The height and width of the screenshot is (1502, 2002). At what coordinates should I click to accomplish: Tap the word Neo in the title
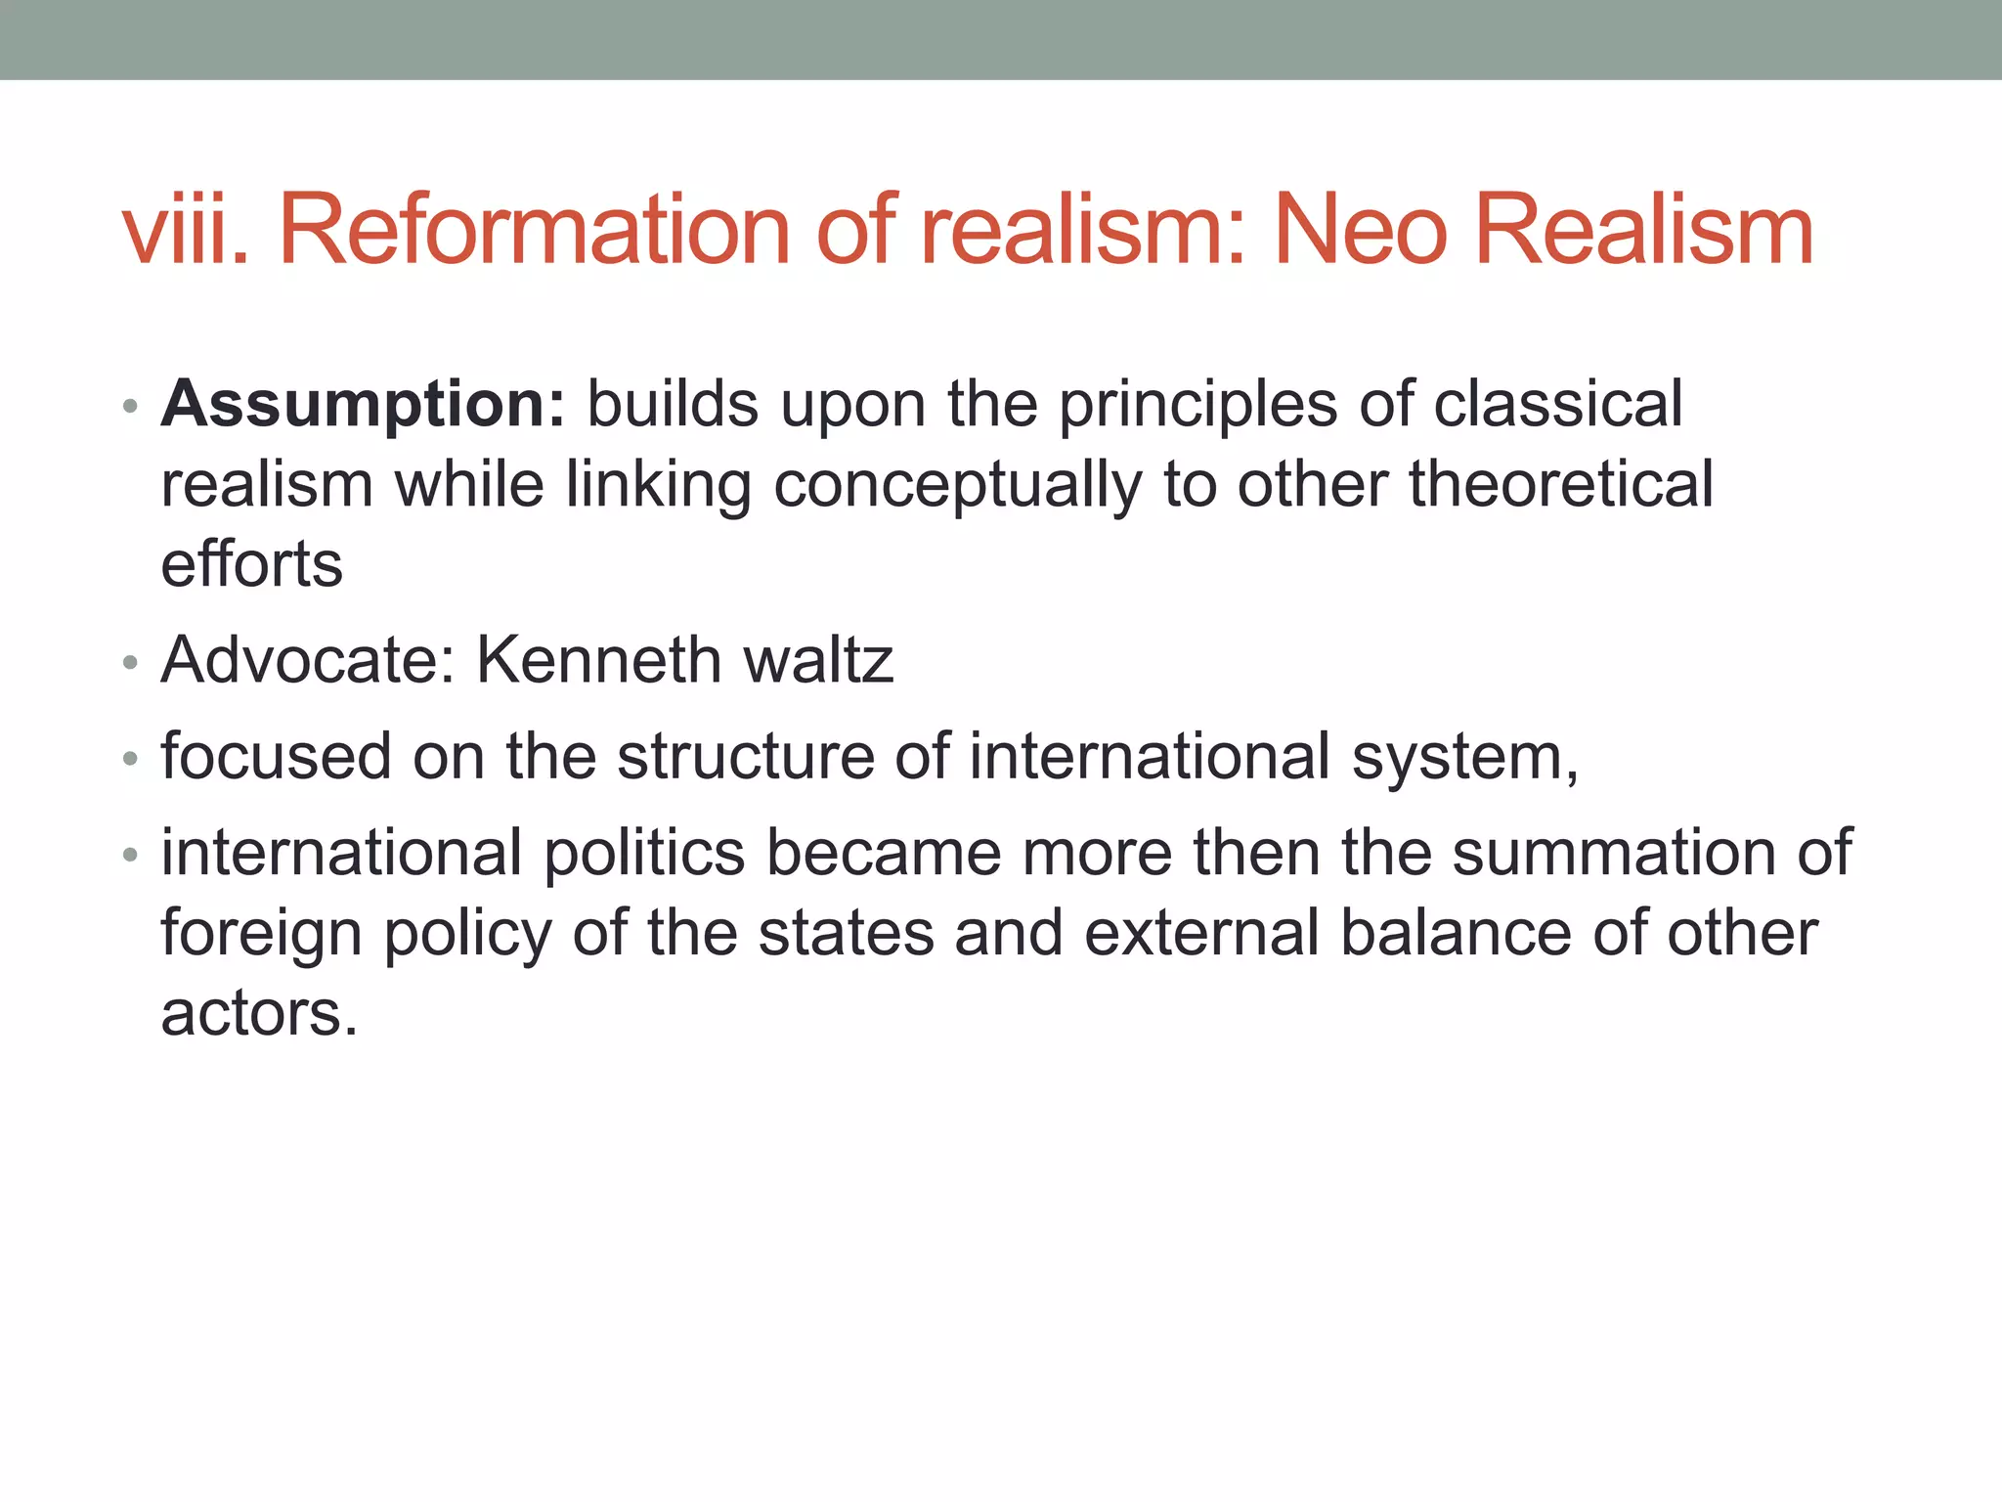coord(1360,230)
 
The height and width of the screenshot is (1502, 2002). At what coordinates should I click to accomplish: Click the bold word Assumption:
coord(363,405)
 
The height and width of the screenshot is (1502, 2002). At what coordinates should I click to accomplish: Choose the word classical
coord(1558,403)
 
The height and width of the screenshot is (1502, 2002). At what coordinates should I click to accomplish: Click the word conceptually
coord(958,486)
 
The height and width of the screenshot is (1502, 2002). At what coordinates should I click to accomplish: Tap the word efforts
coord(252,564)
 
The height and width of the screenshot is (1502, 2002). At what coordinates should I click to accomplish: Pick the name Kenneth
coord(598,660)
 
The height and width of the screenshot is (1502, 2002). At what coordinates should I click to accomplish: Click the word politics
coord(644,853)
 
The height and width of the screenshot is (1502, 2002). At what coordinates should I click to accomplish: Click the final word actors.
coord(259,1013)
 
